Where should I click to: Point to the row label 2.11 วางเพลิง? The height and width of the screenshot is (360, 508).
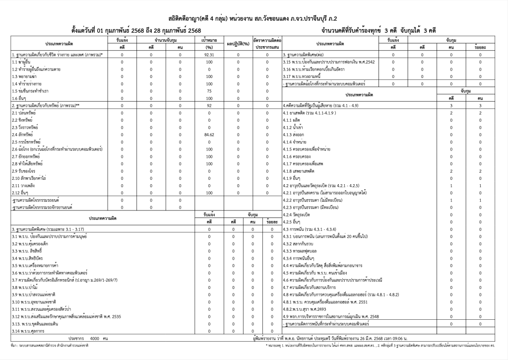(x=22, y=185)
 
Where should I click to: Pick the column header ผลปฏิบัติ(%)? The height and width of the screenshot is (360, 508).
(x=237, y=43)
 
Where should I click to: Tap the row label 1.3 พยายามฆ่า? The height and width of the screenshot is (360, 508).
(x=23, y=76)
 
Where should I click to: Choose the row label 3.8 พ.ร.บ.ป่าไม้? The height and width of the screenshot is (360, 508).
(x=25, y=287)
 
